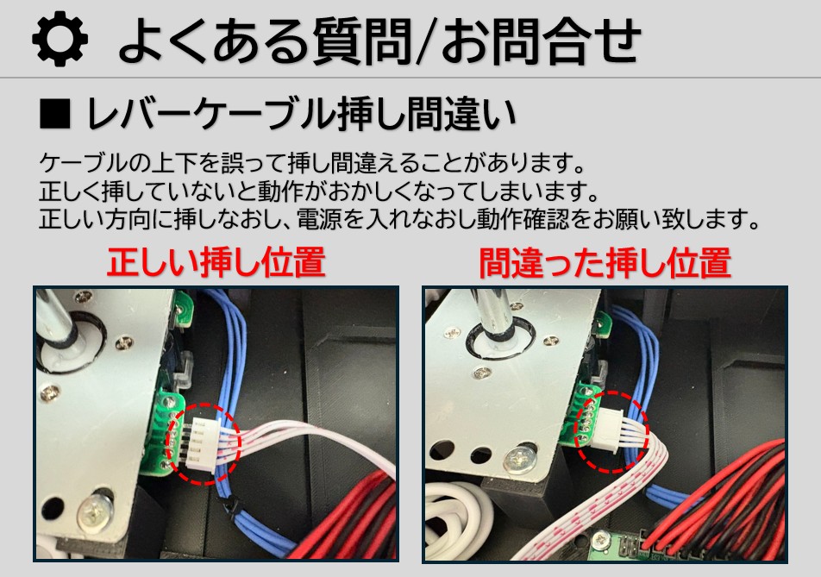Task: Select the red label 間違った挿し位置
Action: [x=605, y=263]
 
